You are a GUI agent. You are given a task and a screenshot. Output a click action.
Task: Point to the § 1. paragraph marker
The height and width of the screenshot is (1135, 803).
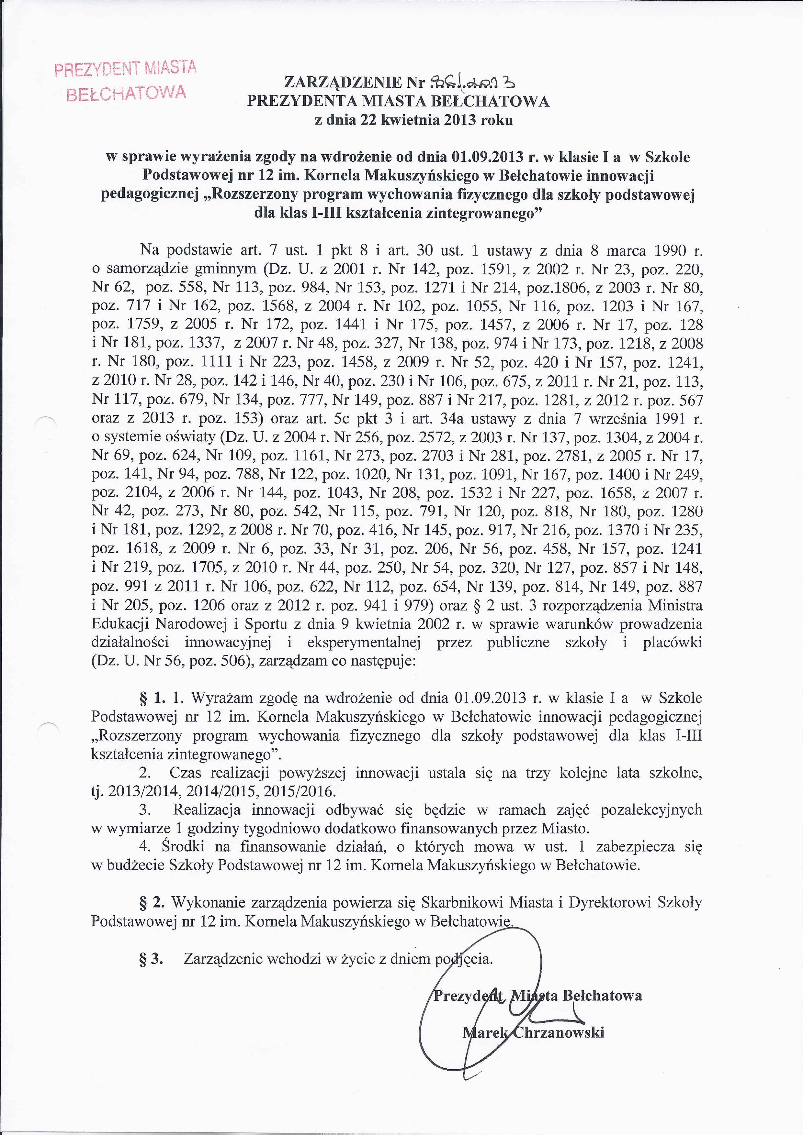152,698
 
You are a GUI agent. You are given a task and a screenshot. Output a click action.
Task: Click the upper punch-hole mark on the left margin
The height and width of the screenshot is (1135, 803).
48,421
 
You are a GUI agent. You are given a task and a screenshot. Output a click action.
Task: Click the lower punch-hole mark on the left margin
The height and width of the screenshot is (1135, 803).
48,726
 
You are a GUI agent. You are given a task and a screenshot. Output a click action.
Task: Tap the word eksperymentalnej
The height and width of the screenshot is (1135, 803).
364,643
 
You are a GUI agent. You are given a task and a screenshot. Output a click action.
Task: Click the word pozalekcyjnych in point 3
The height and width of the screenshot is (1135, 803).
651,810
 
